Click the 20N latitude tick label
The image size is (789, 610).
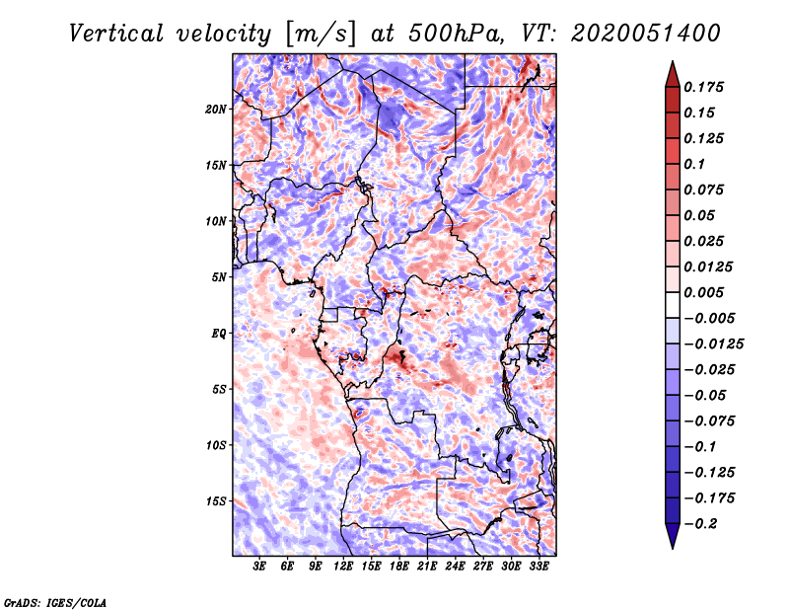(216, 109)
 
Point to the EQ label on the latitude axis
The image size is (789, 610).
(219, 334)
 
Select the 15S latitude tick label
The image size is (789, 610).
(216, 501)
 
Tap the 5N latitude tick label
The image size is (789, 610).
(219, 277)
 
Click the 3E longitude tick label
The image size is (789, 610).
(259, 566)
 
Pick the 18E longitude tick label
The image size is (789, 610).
(399, 566)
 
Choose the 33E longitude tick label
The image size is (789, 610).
(538, 566)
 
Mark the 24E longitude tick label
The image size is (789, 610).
(455, 566)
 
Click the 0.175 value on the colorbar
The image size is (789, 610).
(703, 87)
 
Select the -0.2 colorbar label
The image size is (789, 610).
(700, 524)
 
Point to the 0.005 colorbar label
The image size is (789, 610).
(703, 292)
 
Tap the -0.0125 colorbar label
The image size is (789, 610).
(713, 344)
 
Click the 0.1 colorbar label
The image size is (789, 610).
(694, 164)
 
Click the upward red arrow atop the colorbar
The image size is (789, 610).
(673, 74)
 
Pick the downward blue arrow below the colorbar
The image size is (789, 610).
(673, 536)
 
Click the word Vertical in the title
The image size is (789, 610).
(116, 34)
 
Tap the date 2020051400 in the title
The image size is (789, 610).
(646, 34)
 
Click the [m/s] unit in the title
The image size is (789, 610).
(321, 35)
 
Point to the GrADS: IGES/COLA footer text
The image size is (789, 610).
(55, 602)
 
